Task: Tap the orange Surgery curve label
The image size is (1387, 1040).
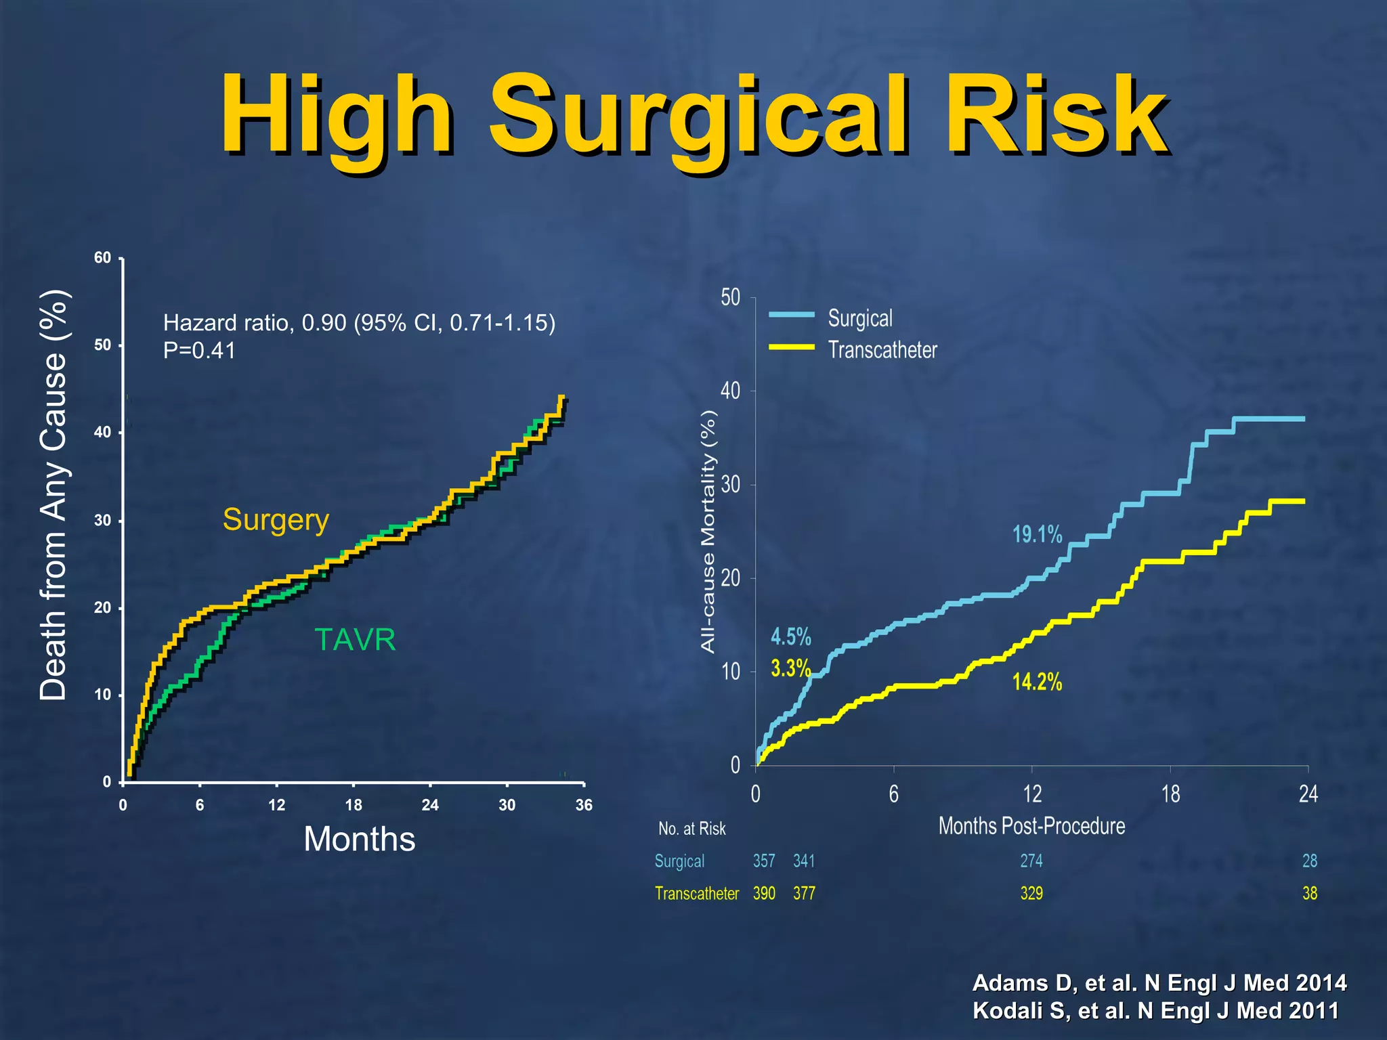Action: click(x=276, y=520)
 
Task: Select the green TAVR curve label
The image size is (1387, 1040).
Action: click(x=355, y=640)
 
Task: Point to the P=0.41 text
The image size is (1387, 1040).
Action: click(x=199, y=351)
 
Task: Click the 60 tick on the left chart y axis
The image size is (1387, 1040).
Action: click(x=102, y=258)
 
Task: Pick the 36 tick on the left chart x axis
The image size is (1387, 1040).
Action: click(x=583, y=805)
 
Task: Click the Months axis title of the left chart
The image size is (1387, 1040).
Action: click(x=359, y=840)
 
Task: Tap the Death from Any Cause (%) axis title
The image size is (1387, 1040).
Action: click(x=54, y=495)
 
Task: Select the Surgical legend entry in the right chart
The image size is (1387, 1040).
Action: click(x=859, y=318)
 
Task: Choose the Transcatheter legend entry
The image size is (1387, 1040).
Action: click(x=882, y=350)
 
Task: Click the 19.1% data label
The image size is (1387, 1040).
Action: click(x=1037, y=535)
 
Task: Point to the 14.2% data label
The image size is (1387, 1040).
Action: click(x=1037, y=682)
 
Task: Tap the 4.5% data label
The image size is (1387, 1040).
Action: click(x=790, y=637)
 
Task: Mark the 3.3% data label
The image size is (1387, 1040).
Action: click(x=790, y=669)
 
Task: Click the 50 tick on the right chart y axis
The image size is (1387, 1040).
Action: click(x=730, y=298)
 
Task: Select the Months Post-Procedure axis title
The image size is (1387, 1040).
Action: click(x=1031, y=826)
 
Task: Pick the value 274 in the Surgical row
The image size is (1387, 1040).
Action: click(x=1031, y=861)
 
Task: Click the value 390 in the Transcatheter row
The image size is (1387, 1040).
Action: click(x=764, y=894)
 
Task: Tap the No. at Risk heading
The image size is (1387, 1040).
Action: click(x=691, y=829)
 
